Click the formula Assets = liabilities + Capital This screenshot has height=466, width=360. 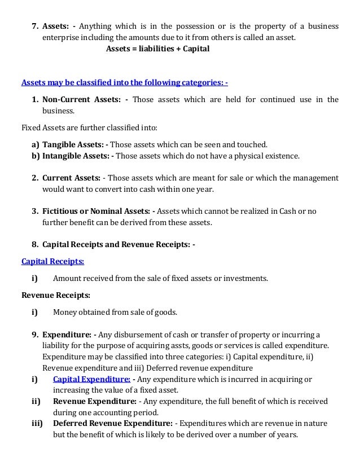pyautogui.click(x=157, y=49)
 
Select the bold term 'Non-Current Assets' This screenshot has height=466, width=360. pyautogui.click(x=81, y=100)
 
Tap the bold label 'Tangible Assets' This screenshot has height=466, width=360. pyautogui.click(x=73, y=144)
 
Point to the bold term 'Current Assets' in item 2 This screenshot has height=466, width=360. pyautogui.click(x=71, y=178)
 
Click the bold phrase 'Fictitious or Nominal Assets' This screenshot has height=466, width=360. pyautogui.click(x=95, y=211)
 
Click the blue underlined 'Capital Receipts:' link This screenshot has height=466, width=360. pyautogui.click(x=52, y=262)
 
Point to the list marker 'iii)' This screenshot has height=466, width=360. pyautogui.click(x=38, y=423)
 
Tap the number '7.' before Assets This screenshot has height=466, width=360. pyautogui.click(x=35, y=27)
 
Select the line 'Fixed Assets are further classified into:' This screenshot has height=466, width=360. pyautogui.click(x=89, y=128)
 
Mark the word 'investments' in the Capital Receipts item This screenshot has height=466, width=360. pyautogui.click(x=245, y=278)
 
